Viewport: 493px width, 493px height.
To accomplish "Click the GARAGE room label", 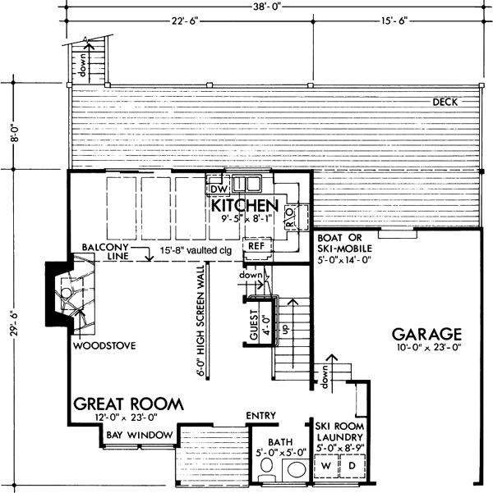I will click(426, 335).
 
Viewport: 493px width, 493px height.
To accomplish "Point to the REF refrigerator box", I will click(256, 245).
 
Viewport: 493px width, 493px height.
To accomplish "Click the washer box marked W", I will click(325, 465).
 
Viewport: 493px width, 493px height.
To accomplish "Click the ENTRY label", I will click(260, 416).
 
